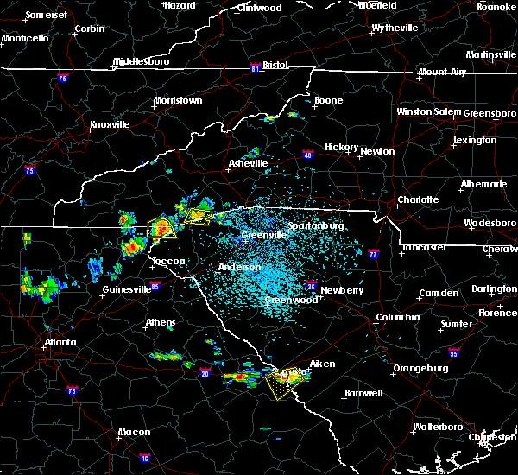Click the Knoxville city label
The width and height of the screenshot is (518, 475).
coord(110,124)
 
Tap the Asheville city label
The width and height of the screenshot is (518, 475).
coord(249,163)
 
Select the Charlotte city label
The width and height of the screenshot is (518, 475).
coord(418,199)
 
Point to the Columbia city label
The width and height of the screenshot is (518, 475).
coord(397,318)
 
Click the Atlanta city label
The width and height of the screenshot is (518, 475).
coord(60,342)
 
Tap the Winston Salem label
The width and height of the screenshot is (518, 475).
coord(429,112)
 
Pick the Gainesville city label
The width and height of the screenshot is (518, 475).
coord(126,289)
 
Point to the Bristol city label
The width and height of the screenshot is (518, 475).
coord(275,65)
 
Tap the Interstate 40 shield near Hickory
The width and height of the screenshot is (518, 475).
coord(307,155)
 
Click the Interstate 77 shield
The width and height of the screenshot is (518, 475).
coord(373,255)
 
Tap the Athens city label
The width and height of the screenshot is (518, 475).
coord(160,323)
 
